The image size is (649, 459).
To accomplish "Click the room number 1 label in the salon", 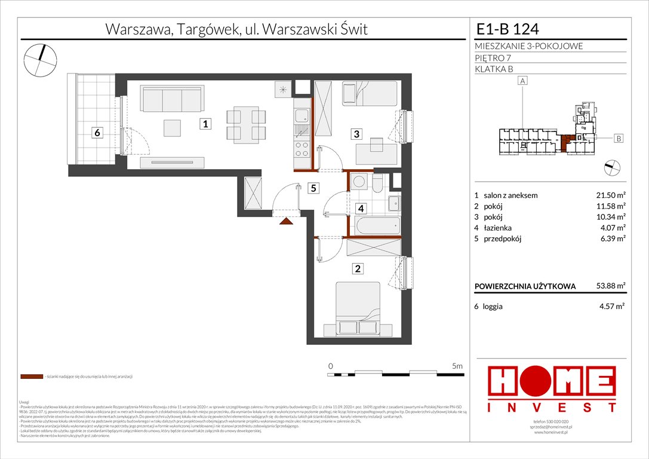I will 205,125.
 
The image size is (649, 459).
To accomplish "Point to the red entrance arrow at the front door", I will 287,221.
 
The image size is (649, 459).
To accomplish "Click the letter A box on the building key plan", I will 523,81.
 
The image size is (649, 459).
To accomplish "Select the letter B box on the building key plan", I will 619,139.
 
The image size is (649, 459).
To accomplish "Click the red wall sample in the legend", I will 31,377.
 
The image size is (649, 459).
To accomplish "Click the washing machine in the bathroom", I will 360,182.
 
